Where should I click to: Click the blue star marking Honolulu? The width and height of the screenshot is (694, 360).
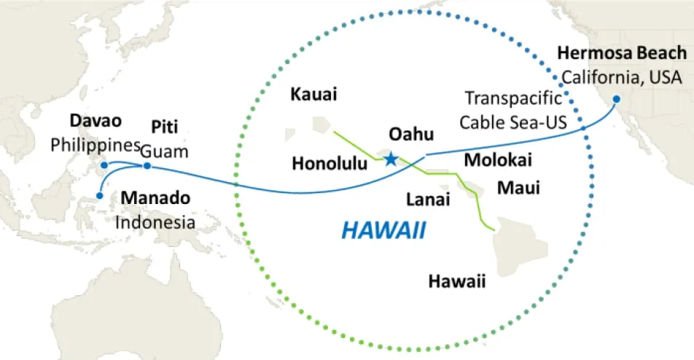click(x=391, y=159)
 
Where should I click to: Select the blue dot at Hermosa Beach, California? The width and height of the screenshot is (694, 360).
click(x=616, y=99)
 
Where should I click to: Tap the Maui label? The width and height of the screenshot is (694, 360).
click(x=518, y=188)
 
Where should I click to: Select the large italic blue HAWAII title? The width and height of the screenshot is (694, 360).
click(x=383, y=231)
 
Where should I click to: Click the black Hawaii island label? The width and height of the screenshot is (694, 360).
click(x=457, y=281)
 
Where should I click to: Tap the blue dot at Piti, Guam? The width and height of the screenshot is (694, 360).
click(x=147, y=166)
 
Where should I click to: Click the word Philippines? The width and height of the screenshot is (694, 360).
click(x=95, y=144)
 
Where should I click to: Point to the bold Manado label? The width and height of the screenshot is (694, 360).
click(x=155, y=197)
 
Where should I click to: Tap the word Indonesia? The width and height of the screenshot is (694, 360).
click(x=155, y=222)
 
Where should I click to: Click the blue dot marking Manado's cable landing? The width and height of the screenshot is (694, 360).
click(x=100, y=195)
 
